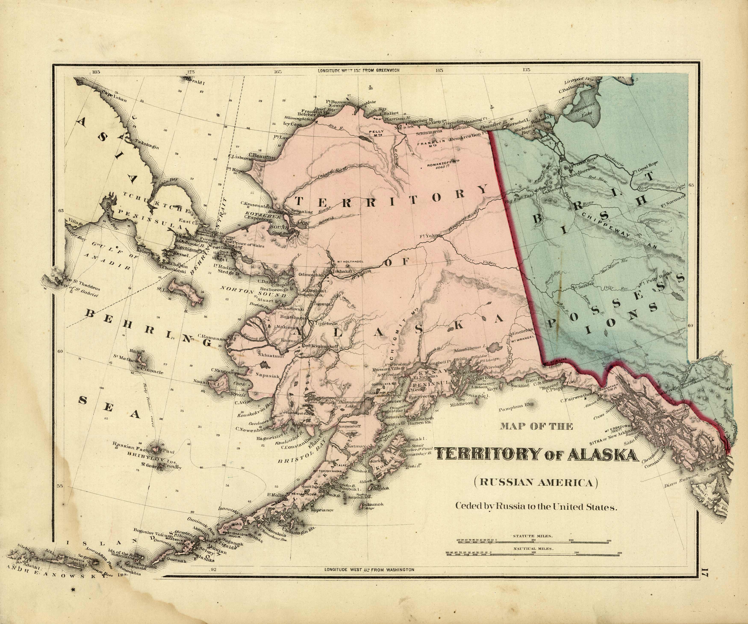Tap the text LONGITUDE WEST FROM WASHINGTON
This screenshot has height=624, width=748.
point(369,569)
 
